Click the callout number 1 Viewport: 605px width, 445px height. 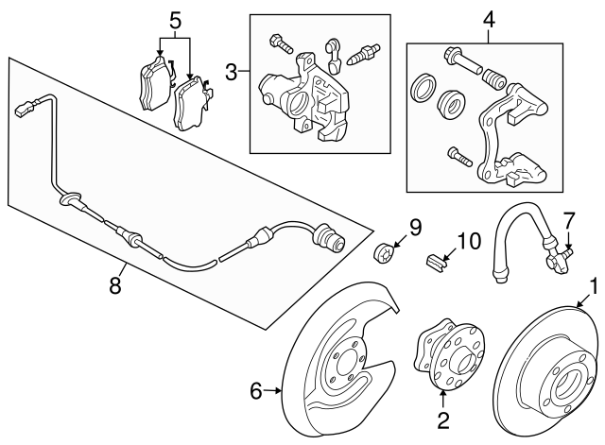pyautogui.click(x=593, y=284)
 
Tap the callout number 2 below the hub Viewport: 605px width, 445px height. pyautogui.click(x=441, y=415)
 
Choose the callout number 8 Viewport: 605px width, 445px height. pyautogui.click(x=115, y=283)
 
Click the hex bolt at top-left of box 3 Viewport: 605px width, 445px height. pyautogui.click(x=281, y=43)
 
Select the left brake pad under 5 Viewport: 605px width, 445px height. pyautogui.click(x=148, y=84)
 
